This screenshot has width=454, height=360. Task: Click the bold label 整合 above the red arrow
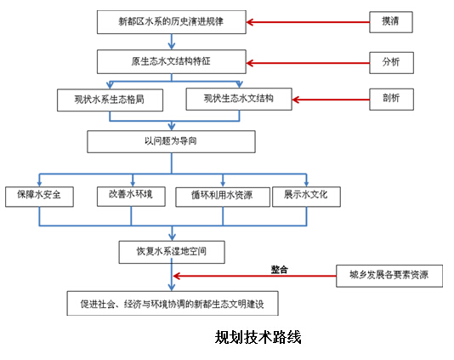pyautogui.click(x=280, y=269)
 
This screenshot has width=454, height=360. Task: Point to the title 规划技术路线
pyautogui.click(x=258, y=337)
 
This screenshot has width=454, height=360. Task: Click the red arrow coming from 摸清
pyautogui.click(x=308, y=22)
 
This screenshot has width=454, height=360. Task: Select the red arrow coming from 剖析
pyautogui.click(x=331, y=100)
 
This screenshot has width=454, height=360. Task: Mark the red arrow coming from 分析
pyautogui.click(x=308, y=63)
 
